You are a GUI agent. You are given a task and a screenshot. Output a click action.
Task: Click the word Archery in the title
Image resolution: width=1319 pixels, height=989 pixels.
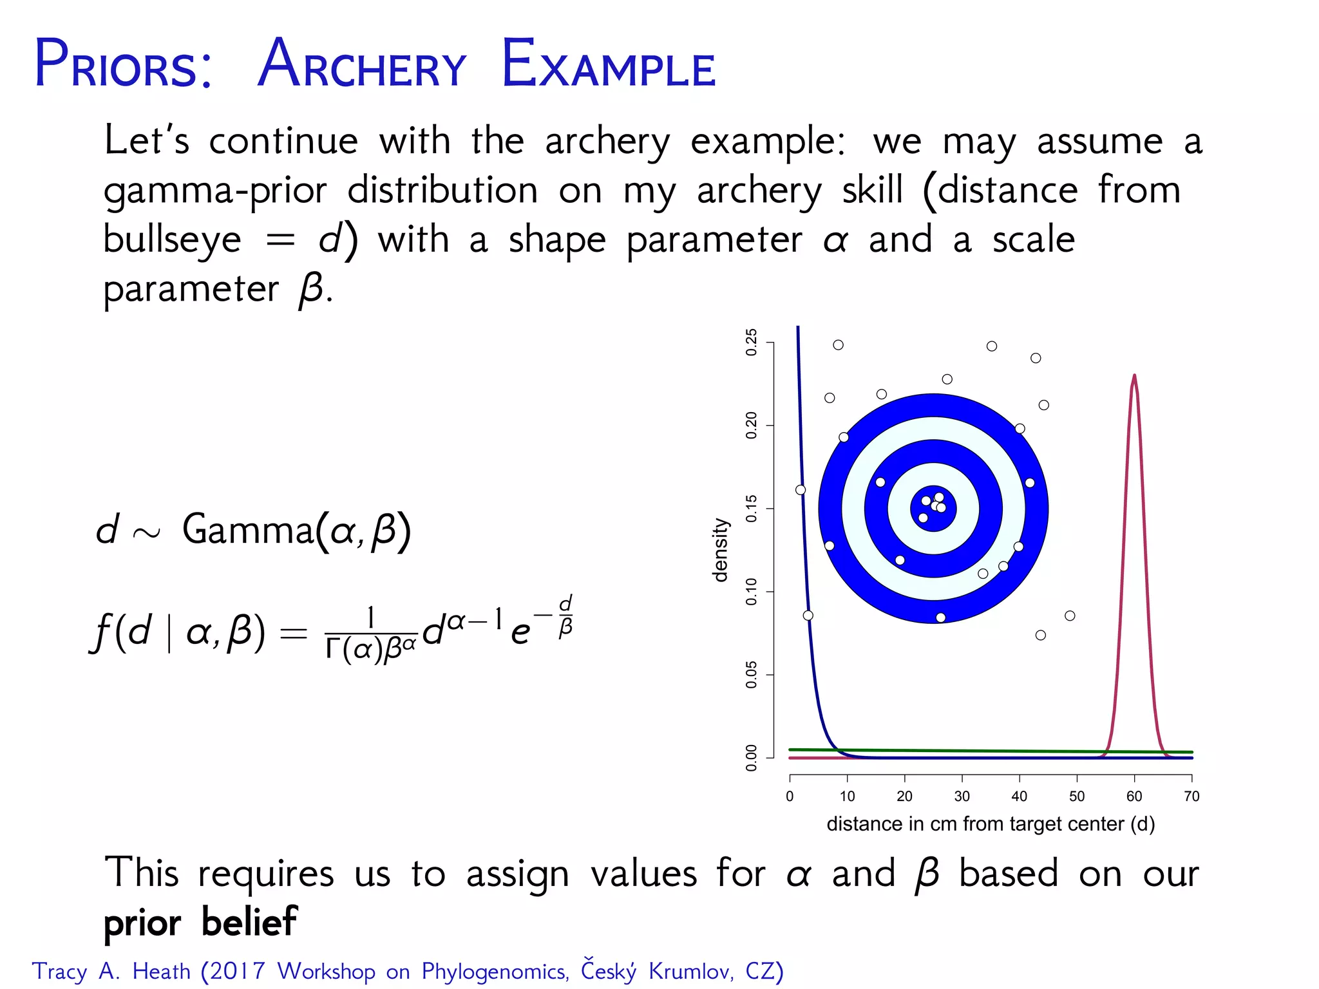coord(361,64)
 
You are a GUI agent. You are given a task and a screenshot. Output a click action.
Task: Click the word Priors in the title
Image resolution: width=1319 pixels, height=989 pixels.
coord(122,64)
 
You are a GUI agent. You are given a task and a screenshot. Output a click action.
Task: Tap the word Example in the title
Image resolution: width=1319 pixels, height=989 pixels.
coord(608,64)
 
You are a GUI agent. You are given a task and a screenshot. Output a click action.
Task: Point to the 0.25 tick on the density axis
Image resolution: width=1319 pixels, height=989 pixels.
coord(751,343)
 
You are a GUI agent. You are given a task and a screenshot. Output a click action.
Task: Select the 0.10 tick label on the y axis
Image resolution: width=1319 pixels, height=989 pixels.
coord(751,592)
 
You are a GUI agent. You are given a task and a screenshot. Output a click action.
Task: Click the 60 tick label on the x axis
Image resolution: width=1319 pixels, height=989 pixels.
coord(1134,796)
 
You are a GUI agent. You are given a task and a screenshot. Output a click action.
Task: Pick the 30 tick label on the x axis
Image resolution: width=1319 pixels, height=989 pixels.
coord(962,796)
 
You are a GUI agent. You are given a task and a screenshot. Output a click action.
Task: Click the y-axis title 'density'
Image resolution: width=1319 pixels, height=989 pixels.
coord(721,550)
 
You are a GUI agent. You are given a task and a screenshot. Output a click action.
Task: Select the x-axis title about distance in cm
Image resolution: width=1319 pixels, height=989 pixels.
coord(991,824)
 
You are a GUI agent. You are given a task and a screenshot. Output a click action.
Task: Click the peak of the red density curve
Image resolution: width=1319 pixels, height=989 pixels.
coord(1134,376)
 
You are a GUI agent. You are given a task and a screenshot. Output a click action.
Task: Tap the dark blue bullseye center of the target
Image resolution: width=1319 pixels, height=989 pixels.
coord(933,509)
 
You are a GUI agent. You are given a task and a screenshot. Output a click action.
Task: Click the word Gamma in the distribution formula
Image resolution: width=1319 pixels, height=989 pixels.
coord(247,530)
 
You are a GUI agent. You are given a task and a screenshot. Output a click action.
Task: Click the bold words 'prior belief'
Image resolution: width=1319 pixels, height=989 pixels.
coord(200,922)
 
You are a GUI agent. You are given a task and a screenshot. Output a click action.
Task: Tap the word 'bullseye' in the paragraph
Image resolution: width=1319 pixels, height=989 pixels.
coord(172,240)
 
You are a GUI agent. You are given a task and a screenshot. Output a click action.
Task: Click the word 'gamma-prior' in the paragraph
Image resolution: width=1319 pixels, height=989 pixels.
coord(215,191)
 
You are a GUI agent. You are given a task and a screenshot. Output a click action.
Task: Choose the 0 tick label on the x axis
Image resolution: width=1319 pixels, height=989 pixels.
coord(790,796)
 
